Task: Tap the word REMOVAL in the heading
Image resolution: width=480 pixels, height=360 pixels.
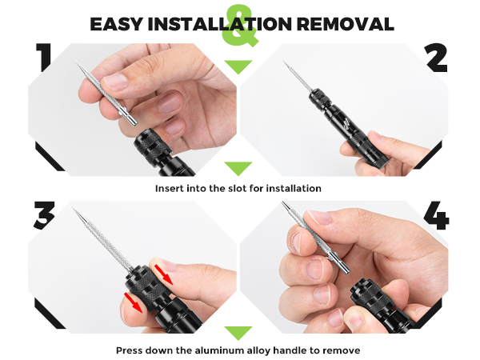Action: [x=346, y=23]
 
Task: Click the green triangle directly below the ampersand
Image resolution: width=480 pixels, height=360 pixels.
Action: [x=238, y=66]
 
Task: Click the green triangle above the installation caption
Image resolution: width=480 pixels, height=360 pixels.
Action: [x=238, y=169]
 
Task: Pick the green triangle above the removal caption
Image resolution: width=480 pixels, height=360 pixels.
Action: [x=238, y=332]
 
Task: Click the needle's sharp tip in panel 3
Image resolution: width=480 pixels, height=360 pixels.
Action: [x=74, y=210]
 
